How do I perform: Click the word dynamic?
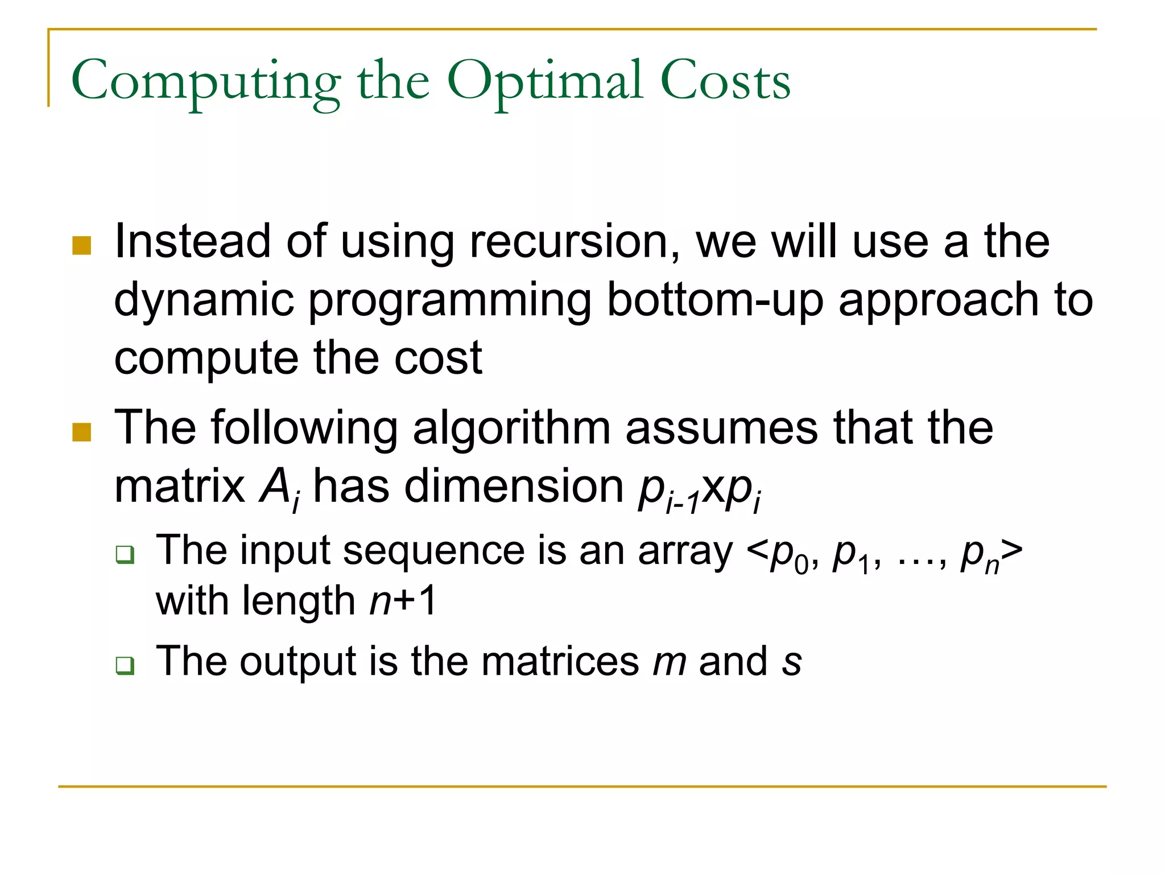coord(204,300)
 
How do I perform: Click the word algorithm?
coord(511,429)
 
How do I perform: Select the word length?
coord(299,602)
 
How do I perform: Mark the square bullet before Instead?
coord(82,246)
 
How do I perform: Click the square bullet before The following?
coord(82,432)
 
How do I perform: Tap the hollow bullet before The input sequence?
coord(125,554)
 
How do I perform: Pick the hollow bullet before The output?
coord(125,665)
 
